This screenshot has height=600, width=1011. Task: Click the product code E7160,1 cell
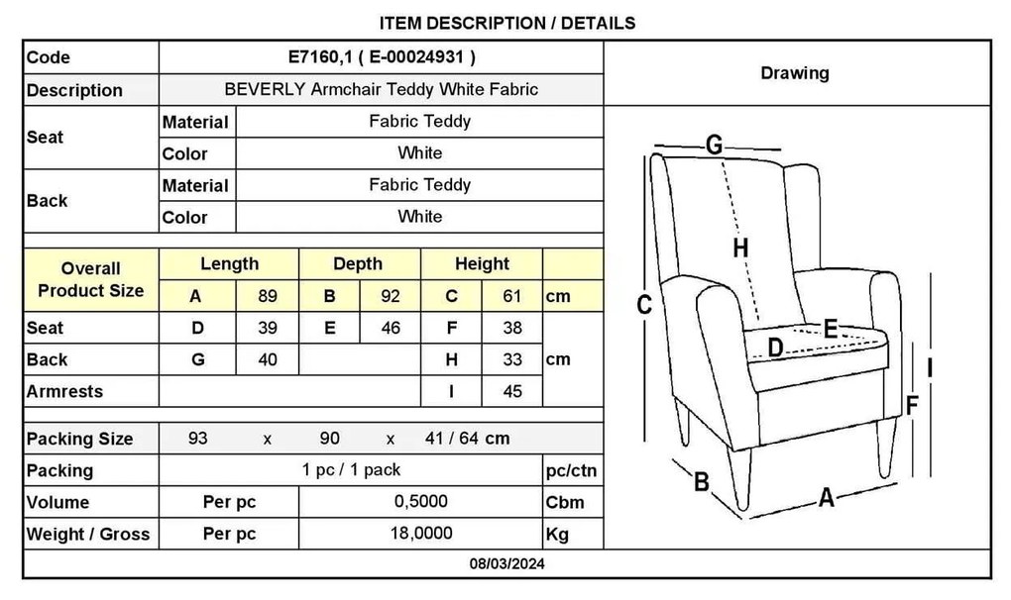pos(381,57)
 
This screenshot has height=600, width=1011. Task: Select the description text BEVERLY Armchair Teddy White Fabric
pos(381,89)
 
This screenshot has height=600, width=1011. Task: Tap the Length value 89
pos(268,296)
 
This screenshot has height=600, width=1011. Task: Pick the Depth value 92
pos(391,296)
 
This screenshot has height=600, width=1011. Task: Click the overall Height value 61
pos(512,296)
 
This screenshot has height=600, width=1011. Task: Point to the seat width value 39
pos(268,328)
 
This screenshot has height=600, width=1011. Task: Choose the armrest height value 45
pos(512,391)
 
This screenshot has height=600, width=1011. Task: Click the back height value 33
pos(512,359)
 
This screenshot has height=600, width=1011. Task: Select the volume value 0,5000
pos(421,502)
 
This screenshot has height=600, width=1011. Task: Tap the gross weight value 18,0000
pos(421,533)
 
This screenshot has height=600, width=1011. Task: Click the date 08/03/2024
pos(506,564)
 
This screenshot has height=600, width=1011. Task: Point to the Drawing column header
pos(795,72)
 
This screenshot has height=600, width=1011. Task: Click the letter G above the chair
pos(714,145)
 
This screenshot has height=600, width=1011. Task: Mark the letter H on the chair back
pos(740,248)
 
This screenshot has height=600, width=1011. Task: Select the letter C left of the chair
pos(644,305)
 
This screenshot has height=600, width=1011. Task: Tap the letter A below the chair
pos(827,498)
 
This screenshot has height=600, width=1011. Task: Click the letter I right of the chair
pos(929,367)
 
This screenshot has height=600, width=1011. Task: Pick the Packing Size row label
pos(79,439)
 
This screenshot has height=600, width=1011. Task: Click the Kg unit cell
pos(557,535)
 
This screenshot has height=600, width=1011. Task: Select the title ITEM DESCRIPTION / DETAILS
pos(507,23)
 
